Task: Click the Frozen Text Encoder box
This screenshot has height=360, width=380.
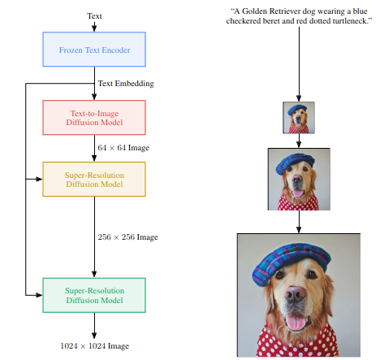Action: pos(94,50)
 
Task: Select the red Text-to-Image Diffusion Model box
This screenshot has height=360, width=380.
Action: pos(94,118)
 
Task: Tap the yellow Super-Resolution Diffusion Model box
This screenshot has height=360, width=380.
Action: pos(94,180)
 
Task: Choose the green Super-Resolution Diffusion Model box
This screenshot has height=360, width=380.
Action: pos(94,295)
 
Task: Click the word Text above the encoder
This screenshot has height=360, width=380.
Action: pos(94,16)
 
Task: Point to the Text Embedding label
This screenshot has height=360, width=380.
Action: pos(126,84)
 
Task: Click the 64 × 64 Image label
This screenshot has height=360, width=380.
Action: pos(123,148)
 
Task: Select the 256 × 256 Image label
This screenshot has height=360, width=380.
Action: pos(127,237)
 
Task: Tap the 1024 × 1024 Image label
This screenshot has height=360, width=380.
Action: pos(94,346)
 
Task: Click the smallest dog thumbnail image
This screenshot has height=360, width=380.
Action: pos(299,118)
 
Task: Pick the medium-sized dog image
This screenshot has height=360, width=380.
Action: pos(299,179)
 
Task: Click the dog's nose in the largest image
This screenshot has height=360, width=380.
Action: pos(295,294)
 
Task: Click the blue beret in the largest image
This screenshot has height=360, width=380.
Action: pos(291,262)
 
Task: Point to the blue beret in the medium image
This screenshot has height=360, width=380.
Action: pos(295,163)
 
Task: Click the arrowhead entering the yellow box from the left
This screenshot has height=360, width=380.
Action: pos(40,179)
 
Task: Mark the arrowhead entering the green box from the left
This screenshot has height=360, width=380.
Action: pos(40,295)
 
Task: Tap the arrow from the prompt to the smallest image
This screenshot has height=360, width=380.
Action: pos(299,64)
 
